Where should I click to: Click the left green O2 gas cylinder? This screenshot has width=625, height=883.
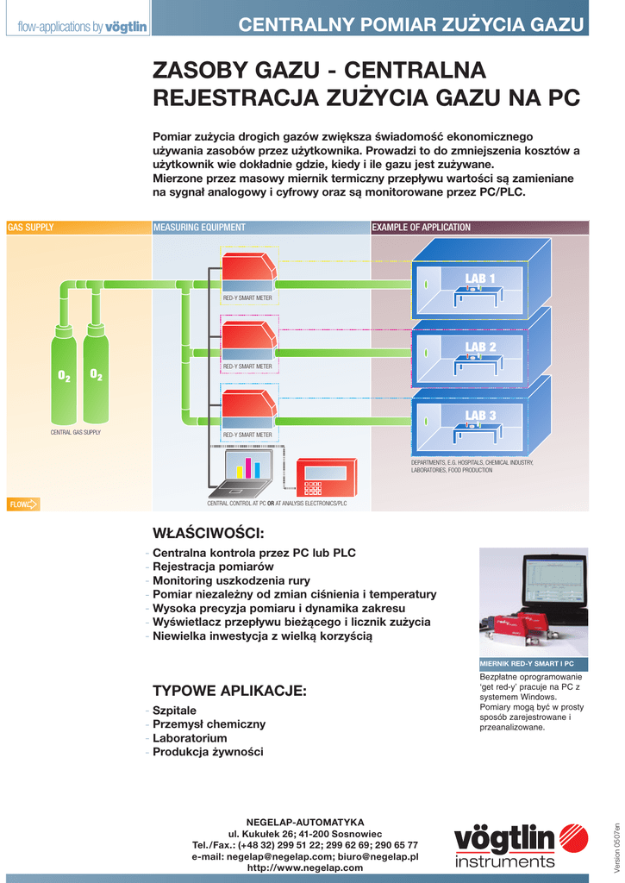(64, 376)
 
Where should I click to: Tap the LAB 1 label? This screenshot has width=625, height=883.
(480, 278)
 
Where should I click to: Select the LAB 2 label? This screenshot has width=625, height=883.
(480, 347)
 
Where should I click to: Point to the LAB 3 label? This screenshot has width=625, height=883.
(480, 416)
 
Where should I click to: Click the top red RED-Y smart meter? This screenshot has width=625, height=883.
(248, 272)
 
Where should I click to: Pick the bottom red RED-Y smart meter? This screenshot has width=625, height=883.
(248, 410)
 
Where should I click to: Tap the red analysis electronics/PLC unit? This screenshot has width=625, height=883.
(326, 477)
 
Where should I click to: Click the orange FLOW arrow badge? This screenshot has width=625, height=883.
(23, 504)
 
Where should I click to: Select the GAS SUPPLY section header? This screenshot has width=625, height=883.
(31, 228)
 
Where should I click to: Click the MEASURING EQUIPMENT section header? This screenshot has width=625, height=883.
(199, 228)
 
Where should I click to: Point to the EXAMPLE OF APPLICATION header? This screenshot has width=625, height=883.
(422, 228)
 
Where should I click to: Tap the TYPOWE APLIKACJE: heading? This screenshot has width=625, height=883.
(229, 691)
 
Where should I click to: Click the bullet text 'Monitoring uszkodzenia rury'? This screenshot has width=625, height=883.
(231, 580)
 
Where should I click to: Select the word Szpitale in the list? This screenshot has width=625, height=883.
(174, 710)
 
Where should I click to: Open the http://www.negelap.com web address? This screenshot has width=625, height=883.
(305, 867)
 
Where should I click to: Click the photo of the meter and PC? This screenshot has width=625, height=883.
(533, 601)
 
